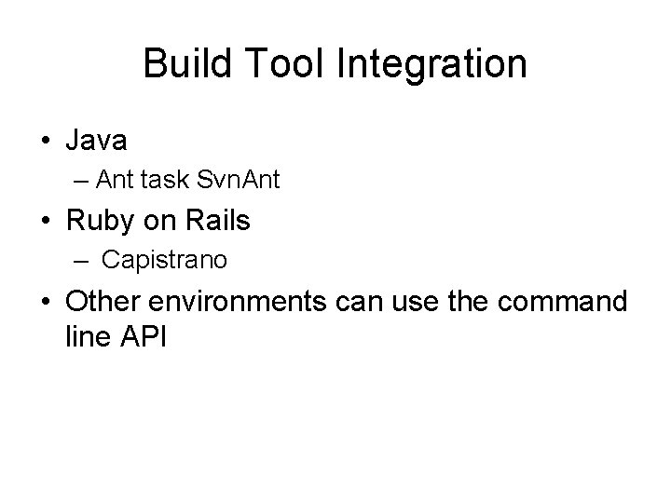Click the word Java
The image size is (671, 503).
[x=97, y=141]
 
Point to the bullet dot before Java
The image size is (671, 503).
[x=47, y=143]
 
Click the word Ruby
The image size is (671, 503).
[x=98, y=222]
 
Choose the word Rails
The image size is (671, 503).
[x=220, y=222]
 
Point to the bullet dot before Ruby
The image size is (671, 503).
[x=47, y=223]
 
